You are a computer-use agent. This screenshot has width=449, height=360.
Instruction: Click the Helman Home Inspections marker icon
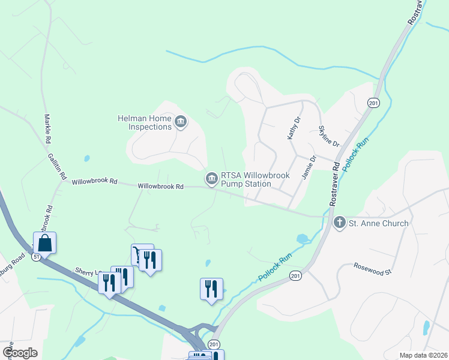[180, 123]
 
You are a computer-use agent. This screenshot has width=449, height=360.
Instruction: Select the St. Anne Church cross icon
[339, 223]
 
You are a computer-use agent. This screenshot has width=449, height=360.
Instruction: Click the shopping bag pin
[44, 243]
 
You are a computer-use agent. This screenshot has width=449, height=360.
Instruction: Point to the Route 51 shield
[37, 256]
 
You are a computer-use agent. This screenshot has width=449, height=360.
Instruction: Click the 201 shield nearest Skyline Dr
[373, 103]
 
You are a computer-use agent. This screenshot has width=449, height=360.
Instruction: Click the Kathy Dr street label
[292, 128]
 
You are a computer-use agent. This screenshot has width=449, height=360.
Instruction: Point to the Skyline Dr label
[329, 136]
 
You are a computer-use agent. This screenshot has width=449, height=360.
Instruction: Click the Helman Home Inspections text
[144, 122]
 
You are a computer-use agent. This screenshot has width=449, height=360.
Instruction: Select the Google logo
[20, 353]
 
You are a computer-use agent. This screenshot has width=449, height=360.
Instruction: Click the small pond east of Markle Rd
[88, 159]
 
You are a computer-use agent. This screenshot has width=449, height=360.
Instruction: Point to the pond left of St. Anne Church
[302, 238]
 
